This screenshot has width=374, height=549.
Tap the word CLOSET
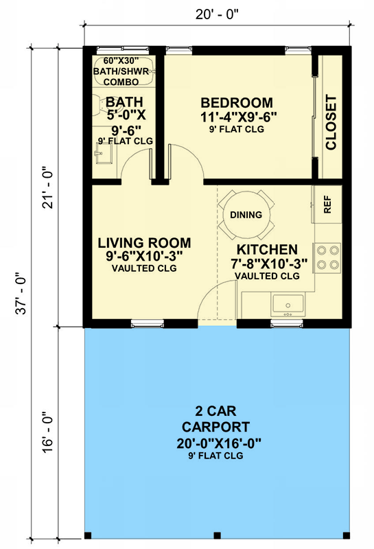pos(331,123)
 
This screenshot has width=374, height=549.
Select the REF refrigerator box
pos(327,205)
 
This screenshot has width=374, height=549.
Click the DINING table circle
pos(246,215)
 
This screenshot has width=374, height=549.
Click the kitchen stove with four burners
pos(327,257)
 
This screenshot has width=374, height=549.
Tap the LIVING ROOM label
pos(144,244)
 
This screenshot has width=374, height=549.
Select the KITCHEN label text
pos(267,249)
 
